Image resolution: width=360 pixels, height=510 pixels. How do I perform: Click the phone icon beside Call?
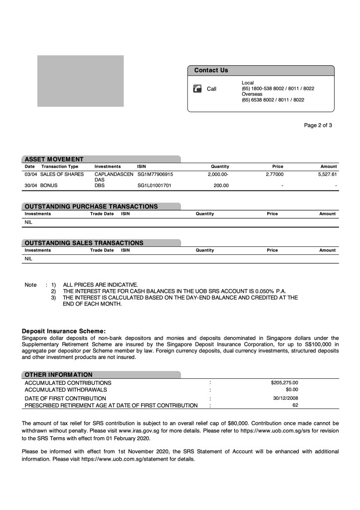197,89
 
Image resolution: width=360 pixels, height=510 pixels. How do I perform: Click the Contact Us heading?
211,70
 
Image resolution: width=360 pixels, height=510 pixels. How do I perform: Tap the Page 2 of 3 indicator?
318,125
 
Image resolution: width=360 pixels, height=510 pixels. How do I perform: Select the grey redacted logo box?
80,81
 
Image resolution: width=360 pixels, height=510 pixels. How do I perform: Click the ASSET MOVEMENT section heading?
54,159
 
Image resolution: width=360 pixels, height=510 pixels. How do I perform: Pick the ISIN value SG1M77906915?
155,174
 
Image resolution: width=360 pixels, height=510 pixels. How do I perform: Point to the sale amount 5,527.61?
327,174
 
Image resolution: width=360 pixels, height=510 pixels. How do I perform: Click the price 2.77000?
274,174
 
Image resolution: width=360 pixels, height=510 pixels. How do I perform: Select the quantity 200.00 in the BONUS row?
221,185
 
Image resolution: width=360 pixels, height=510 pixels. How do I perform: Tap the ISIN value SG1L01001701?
154,185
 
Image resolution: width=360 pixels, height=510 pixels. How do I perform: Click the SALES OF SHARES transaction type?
62,174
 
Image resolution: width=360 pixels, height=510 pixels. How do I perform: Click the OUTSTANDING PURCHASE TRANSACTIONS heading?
91,206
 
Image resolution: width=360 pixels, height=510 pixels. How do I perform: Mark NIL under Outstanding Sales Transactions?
28,259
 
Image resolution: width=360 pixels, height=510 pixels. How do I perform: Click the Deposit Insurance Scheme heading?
64,331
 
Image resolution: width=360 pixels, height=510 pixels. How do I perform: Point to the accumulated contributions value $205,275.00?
284,382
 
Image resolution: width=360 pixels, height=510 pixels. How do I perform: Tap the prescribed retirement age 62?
295,405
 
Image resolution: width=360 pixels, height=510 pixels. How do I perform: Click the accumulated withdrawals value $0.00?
292,389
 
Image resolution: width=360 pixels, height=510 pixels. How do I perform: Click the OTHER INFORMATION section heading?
58,374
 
